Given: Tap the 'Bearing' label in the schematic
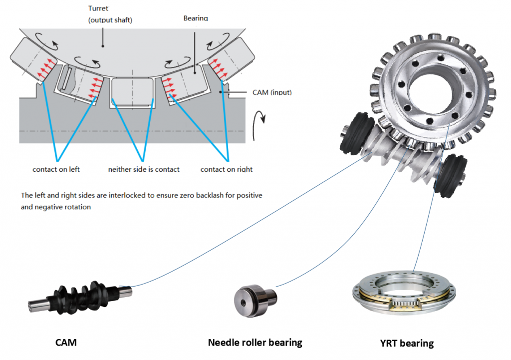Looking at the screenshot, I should (196, 18).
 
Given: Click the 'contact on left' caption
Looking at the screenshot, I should (56, 169).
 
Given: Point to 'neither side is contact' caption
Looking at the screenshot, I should (144, 169).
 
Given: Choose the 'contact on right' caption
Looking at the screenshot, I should (227, 169).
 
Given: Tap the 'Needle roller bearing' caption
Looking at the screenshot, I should (255, 343).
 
